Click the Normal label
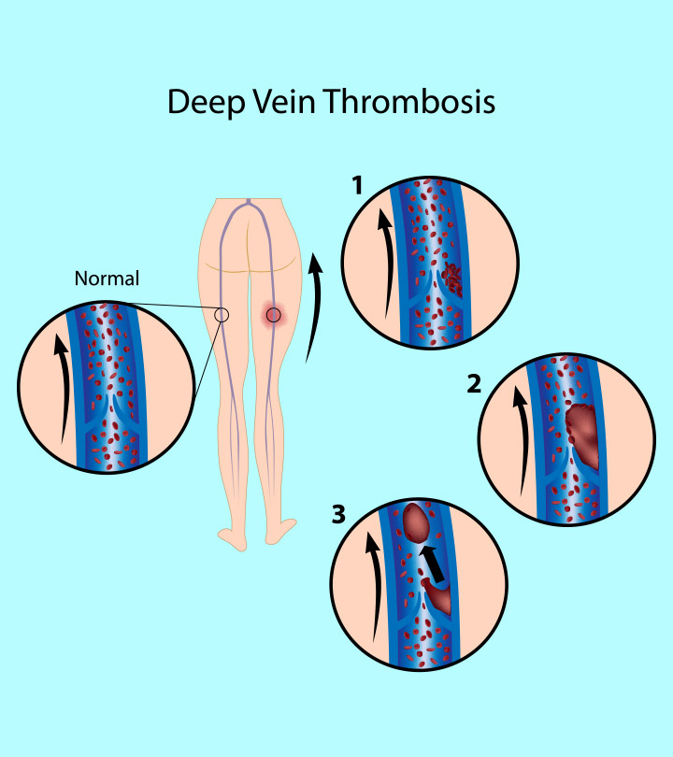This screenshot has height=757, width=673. (107, 278)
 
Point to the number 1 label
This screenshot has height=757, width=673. (356, 186)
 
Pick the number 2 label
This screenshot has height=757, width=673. (476, 382)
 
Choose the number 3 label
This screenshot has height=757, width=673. (339, 513)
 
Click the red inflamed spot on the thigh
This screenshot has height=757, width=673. (273, 316)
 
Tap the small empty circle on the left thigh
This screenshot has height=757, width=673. (222, 315)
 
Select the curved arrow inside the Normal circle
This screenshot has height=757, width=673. (61, 388)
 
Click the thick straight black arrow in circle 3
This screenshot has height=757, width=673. (431, 563)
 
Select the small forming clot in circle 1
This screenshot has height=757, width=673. (452, 279)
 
